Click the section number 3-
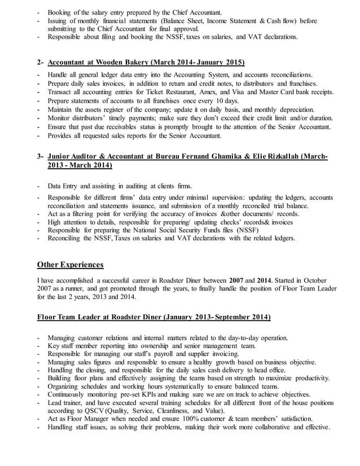41,156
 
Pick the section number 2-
41,62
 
